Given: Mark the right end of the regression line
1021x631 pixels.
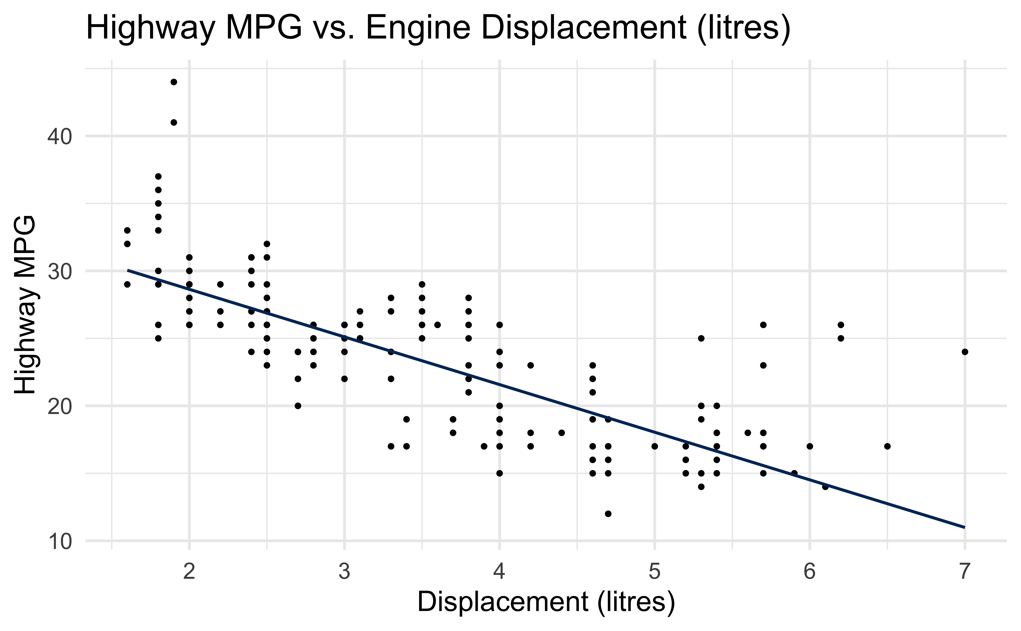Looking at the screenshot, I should [x=964, y=527].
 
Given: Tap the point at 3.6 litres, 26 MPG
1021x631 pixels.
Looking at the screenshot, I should [x=437, y=325].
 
